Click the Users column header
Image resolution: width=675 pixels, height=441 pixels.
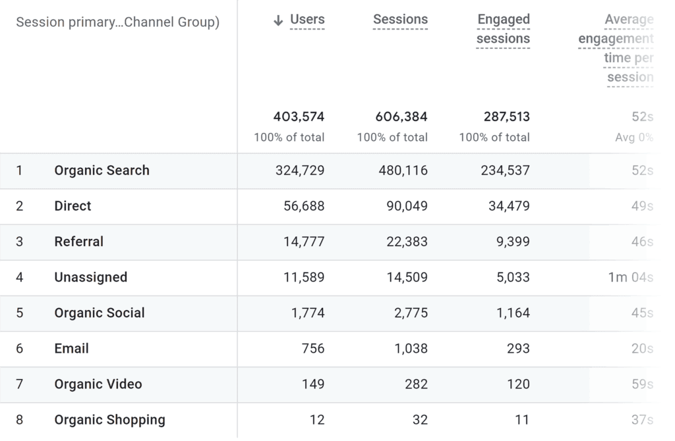pyautogui.click(x=307, y=20)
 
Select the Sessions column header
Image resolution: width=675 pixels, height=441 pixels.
pyautogui.click(x=400, y=20)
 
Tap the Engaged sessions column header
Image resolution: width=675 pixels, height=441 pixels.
pyautogui.click(x=503, y=29)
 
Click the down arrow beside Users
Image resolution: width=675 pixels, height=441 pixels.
pyautogui.click(x=278, y=20)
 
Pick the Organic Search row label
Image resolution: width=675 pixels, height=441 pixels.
pyautogui.click(x=102, y=170)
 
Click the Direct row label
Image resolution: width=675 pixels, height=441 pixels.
pyautogui.click(x=73, y=206)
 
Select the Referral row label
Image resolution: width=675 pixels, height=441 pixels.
pyautogui.click(x=78, y=242)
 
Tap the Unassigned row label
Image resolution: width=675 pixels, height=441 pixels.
pyautogui.click(x=90, y=277)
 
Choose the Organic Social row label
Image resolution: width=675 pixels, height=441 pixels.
pyautogui.click(x=99, y=313)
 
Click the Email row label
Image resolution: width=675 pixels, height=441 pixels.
pyautogui.click(x=71, y=348)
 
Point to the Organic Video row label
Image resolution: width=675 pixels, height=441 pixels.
pyautogui.click(x=98, y=384)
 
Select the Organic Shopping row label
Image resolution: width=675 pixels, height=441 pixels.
pyautogui.click(x=109, y=419)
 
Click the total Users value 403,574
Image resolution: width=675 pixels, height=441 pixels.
pyautogui.click(x=299, y=117)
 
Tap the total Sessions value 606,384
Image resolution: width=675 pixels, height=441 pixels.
pyautogui.click(x=401, y=117)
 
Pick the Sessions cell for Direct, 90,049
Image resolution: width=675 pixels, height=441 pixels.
pyautogui.click(x=407, y=206)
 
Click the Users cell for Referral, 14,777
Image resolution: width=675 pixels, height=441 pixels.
pyautogui.click(x=304, y=242)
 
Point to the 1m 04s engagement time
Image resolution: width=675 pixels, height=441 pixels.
pyautogui.click(x=630, y=277)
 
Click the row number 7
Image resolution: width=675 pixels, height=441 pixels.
pyautogui.click(x=19, y=384)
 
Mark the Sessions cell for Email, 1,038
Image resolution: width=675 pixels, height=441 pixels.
pyautogui.click(x=411, y=348)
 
